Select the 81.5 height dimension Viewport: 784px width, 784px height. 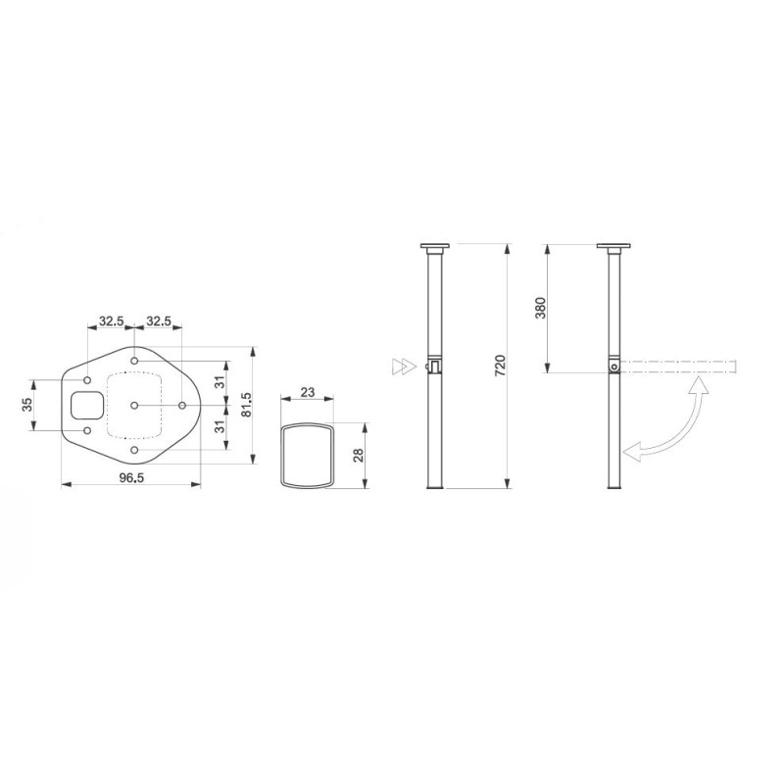click(x=247, y=404)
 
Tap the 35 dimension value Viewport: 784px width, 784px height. click(x=28, y=404)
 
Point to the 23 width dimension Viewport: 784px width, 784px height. click(x=307, y=392)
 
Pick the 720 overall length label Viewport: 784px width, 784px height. click(x=500, y=367)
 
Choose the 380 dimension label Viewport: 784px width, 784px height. click(x=540, y=308)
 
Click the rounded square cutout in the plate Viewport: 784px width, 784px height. click(x=86, y=404)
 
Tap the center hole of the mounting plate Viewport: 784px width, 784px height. click(x=134, y=405)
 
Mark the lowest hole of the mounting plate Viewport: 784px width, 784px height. click(x=134, y=449)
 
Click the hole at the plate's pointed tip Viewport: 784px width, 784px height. click(x=182, y=405)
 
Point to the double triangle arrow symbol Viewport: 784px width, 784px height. click(x=402, y=367)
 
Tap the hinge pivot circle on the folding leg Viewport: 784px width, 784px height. click(x=613, y=367)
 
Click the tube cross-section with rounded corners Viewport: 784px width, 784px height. click(x=307, y=456)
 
